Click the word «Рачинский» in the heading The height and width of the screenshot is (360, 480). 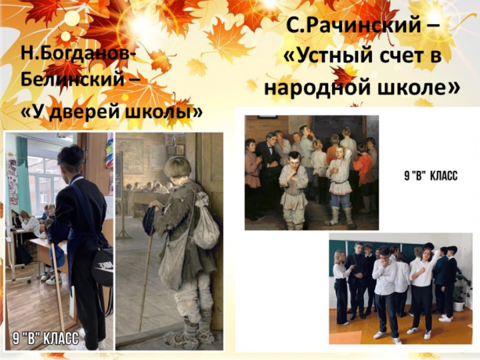(364, 25)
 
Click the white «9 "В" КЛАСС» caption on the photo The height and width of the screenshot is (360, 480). (45, 338)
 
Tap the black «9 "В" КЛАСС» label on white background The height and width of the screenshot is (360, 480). (431, 176)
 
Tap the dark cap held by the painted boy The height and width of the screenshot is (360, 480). (150, 219)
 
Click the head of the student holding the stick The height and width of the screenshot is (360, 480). (71, 160)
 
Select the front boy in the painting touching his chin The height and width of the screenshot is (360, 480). (293, 191)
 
